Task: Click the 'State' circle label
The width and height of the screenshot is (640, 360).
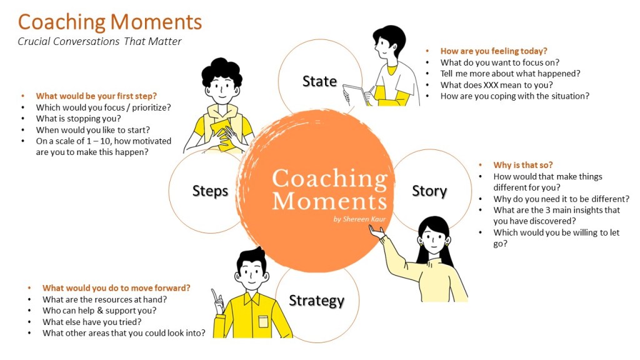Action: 319,81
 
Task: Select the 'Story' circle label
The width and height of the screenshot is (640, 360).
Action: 429,191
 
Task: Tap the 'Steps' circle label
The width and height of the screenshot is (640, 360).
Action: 210,191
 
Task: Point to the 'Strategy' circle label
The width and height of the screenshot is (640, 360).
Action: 317,301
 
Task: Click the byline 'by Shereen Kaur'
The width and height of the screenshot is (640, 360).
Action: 359,219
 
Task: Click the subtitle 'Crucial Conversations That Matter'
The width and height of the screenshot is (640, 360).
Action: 99,42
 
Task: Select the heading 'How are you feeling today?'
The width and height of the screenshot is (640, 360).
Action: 494,51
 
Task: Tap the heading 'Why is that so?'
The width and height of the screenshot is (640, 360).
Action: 523,165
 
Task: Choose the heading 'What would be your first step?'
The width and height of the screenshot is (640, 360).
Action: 96,96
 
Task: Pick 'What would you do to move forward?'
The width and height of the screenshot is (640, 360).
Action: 116,287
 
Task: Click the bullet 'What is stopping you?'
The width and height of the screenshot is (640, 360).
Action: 78,118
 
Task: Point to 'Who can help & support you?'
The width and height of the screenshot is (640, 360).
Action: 99,310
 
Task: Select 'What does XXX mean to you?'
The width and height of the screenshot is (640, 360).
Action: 496,85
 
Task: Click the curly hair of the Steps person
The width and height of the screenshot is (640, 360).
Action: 221,70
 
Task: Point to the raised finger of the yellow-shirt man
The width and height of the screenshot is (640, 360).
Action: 214,295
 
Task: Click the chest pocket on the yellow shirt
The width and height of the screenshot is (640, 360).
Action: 263,321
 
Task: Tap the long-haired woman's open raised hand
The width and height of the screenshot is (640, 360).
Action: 377,233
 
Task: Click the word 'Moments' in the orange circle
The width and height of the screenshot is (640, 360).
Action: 329,201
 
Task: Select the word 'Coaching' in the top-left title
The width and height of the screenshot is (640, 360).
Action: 62,22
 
